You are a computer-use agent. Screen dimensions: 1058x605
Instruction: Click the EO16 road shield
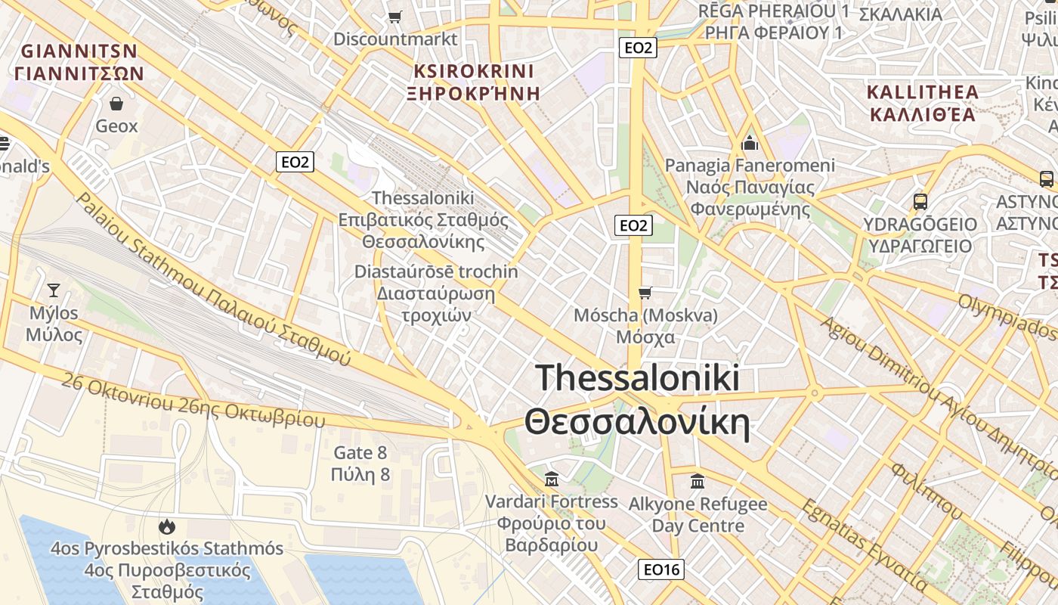[x=661, y=569]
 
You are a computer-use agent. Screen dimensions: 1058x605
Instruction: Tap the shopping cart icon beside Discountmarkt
[x=394, y=17]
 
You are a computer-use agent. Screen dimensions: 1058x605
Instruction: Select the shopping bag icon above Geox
[x=116, y=103]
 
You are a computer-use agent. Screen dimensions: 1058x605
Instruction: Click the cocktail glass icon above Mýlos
[x=54, y=290]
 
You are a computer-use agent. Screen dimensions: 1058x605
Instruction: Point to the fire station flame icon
[x=166, y=526]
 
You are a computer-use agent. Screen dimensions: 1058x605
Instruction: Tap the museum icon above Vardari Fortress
[x=552, y=479]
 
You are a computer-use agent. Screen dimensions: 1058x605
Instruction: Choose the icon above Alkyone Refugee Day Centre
[x=698, y=481]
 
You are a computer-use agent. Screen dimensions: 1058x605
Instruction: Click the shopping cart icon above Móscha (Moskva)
[x=645, y=293]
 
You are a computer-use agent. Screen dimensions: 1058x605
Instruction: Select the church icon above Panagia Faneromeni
[x=750, y=142]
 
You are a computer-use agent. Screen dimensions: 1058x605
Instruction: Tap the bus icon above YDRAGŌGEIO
[x=920, y=202]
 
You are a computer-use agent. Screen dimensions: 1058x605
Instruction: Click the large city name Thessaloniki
[x=637, y=377]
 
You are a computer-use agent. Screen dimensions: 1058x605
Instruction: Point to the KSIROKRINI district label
[x=474, y=72]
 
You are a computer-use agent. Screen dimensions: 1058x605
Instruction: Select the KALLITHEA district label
[x=922, y=93]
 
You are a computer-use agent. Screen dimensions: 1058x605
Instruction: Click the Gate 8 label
[x=360, y=453]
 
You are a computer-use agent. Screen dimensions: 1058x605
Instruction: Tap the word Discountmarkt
[x=395, y=39]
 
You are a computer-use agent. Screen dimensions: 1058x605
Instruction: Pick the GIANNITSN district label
[x=79, y=51]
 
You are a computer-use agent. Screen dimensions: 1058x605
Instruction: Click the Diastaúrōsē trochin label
[x=436, y=271]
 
